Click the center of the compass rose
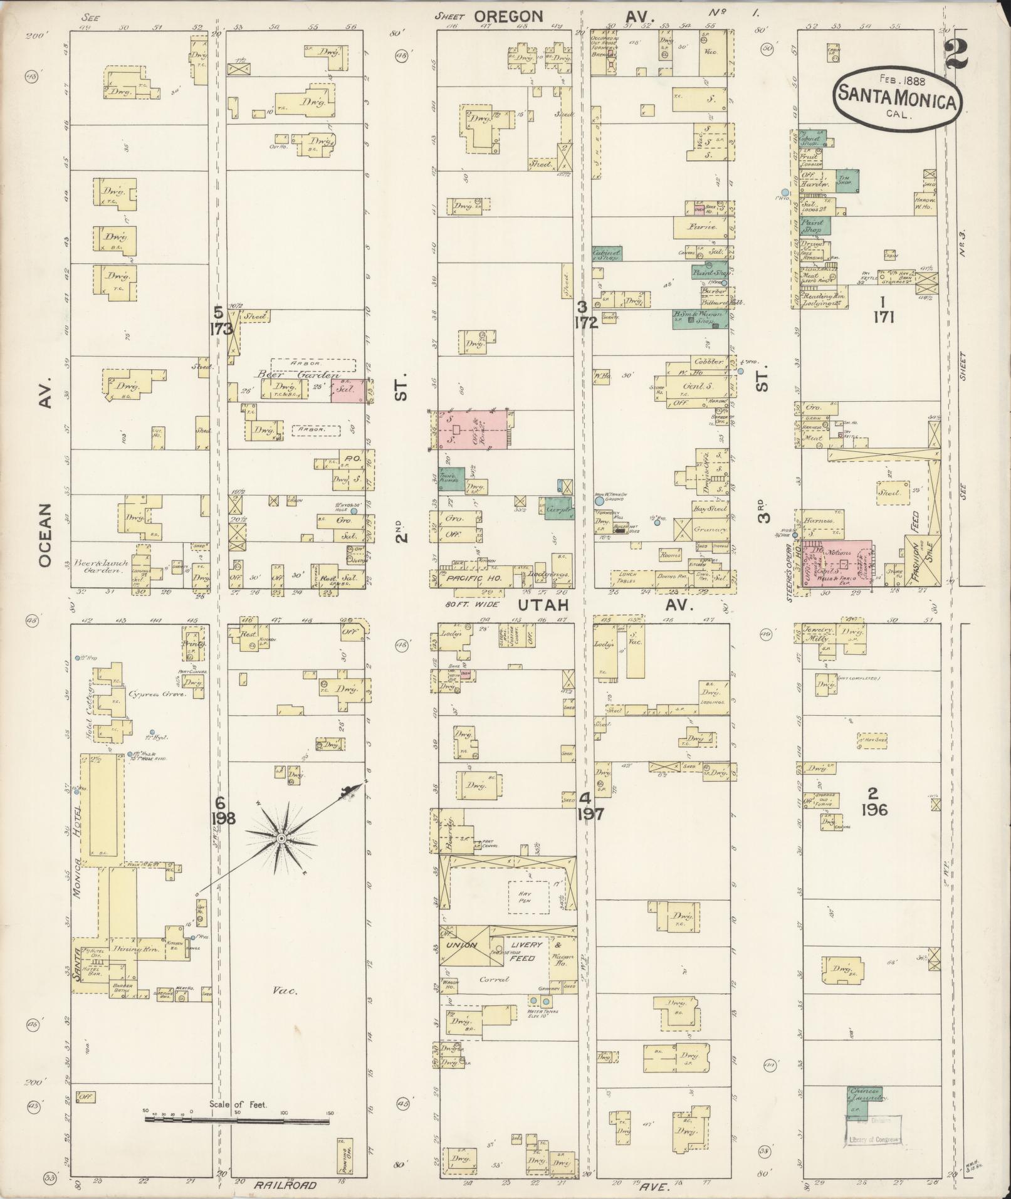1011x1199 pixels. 281,839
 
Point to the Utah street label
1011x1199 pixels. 543,605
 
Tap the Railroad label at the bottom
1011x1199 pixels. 285,1185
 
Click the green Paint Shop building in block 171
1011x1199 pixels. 814,226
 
